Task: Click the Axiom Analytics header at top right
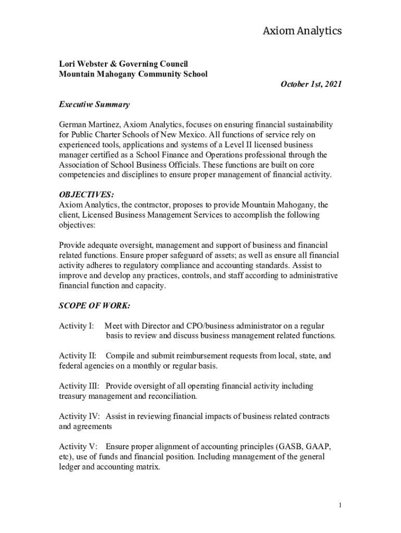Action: [x=302, y=31]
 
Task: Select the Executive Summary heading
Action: [x=94, y=105]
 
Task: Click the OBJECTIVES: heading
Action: [x=86, y=195]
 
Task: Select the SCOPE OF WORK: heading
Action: [x=94, y=306]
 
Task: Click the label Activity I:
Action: [x=77, y=326]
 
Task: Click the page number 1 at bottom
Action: [x=340, y=505]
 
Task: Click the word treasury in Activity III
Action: [x=73, y=396]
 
